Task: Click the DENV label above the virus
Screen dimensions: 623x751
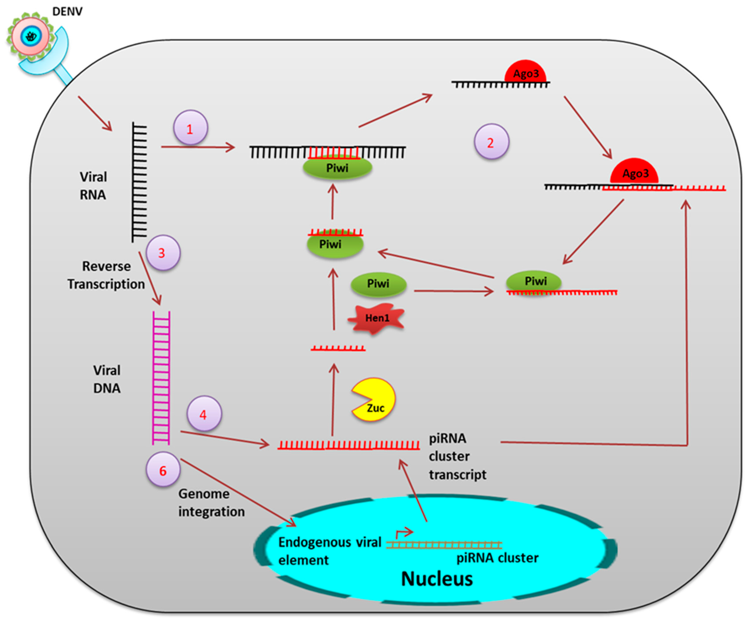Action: tap(67, 11)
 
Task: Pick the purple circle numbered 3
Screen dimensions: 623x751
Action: tap(163, 253)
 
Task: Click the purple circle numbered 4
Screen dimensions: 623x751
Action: tap(204, 414)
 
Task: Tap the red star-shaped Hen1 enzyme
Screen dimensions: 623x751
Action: tap(376, 318)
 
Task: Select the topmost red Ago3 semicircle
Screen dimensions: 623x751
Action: tap(525, 72)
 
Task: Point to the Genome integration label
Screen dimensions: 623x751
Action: tap(211, 503)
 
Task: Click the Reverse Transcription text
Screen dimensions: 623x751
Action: tap(106, 275)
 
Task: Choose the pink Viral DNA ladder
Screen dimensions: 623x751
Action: tap(161, 378)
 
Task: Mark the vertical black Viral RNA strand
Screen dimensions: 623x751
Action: tap(139, 182)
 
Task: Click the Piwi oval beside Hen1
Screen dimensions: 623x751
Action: tap(378, 284)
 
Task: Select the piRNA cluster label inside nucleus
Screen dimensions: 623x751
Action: tap(497, 558)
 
